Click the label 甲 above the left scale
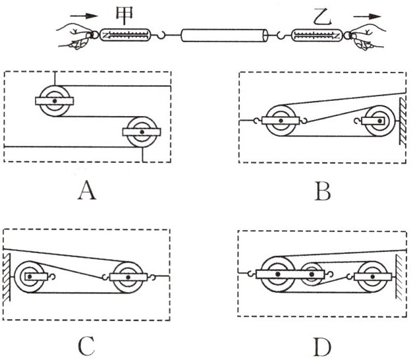tap(124, 15)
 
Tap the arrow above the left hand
tap(84, 16)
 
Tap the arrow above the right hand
tap(367, 16)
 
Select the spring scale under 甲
tap(126, 35)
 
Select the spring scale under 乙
tap(317, 35)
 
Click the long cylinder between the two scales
tap(225, 35)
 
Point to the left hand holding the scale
tap(75, 36)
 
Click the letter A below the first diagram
tap(87, 191)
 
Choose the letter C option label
tap(86, 346)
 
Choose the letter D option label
tap(322, 346)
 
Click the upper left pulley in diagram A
tap(55, 101)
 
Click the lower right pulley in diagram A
tap(142, 132)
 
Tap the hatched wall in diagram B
tap(403, 121)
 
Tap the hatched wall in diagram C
tap(7, 277)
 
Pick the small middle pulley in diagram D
tap(312, 274)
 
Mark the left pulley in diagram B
tap(281, 121)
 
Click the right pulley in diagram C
tap(128, 277)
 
